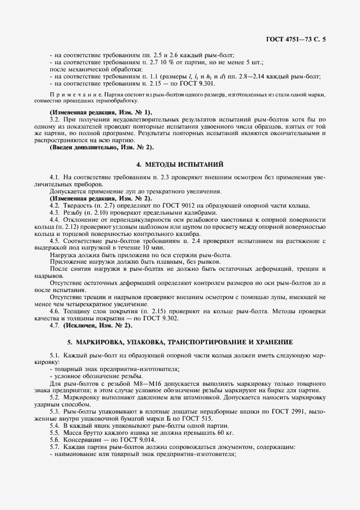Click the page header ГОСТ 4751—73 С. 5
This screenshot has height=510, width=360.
tap(299, 39)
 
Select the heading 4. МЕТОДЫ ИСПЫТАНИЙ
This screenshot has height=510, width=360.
tap(180, 164)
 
